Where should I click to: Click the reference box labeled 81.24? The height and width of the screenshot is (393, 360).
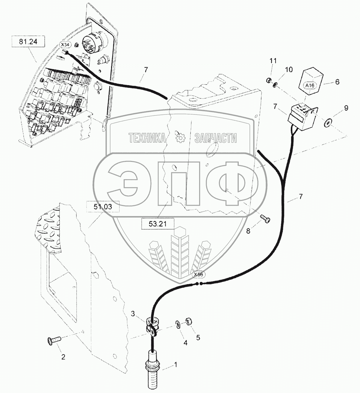click(28, 41)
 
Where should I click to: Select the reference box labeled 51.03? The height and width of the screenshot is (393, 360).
click(103, 207)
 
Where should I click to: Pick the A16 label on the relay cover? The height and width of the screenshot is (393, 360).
click(310, 85)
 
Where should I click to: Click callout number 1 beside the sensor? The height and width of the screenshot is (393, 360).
click(176, 365)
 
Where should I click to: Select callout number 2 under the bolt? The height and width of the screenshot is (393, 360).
click(63, 357)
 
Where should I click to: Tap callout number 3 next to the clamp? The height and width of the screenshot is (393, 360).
click(133, 314)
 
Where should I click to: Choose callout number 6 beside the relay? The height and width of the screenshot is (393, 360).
click(337, 82)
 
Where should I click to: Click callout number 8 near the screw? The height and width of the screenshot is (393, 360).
click(248, 231)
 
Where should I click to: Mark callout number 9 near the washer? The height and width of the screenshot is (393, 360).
click(346, 108)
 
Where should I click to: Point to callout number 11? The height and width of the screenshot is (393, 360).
click(273, 61)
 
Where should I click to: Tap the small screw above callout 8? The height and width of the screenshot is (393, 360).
click(265, 219)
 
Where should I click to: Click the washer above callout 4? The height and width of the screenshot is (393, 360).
click(178, 324)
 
